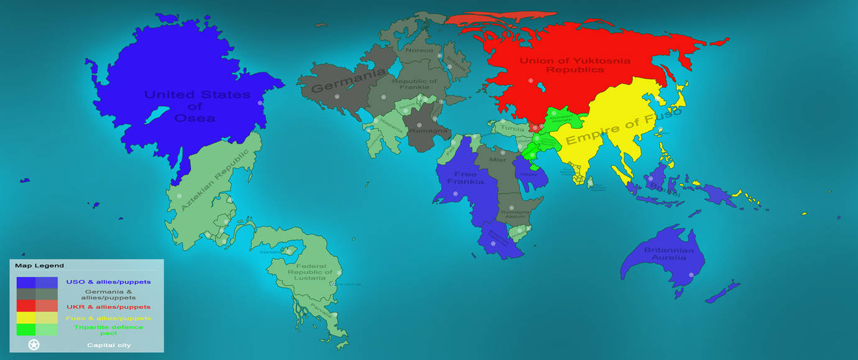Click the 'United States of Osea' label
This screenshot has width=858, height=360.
click(197, 106)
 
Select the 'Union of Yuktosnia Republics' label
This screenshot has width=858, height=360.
click(574, 65)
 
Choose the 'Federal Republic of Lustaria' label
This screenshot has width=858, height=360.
click(310, 272)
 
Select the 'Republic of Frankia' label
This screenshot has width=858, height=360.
click(415, 84)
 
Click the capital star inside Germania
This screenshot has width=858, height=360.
click(337, 96)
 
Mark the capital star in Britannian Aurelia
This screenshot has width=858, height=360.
click(690, 274)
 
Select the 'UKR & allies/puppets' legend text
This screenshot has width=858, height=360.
click(108, 307)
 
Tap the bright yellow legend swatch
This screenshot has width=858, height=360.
click(26, 318)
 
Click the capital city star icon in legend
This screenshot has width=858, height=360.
click(34, 344)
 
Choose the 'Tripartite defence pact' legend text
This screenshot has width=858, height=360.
click(108, 330)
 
